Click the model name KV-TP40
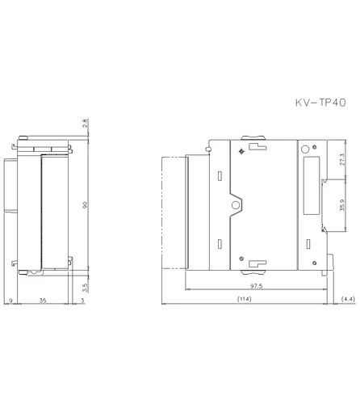(x=319, y=103)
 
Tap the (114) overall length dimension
(x=243, y=300)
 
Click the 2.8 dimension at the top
(x=85, y=124)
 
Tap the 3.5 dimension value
(x=85, y=286)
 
